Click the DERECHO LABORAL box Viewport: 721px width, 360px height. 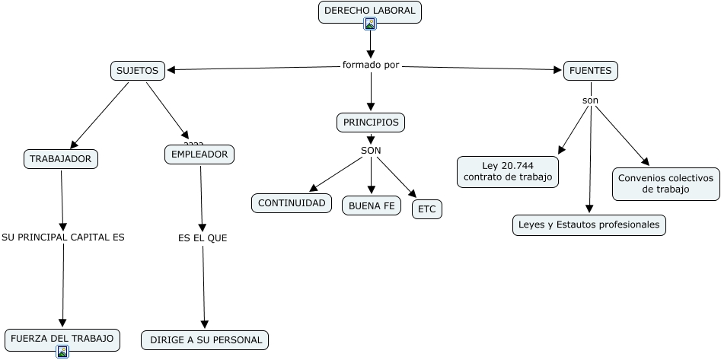click(x=370, y=11)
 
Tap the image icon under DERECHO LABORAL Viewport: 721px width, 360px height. click(x=370, y=24)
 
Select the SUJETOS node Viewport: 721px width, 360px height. click(x=137, y=71)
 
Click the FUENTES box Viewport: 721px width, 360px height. click(x=591, y=71)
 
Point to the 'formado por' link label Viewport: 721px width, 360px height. click(x=371, y=65)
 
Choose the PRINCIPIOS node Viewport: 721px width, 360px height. click(x=371, y=122)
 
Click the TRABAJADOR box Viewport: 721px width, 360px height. click(x=61, y=158)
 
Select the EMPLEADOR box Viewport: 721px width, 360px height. click(x=199, y=155)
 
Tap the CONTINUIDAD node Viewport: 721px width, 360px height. click(x=292, y=202)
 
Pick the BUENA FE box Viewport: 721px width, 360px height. click(x=372, y=205)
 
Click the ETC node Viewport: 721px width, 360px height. click(x=427, y=209)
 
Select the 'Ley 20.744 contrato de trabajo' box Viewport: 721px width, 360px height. click(x=508, y=171)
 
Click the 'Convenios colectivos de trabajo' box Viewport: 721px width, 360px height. click(x=665, y=183)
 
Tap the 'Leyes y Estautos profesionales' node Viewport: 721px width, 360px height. click(x=589, y=225)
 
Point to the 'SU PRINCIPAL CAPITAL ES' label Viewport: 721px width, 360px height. click(x=62, y=237)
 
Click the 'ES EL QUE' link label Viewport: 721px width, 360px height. click(x=203, y=238)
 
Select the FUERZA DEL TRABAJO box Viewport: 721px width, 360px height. click(x=62, y=338)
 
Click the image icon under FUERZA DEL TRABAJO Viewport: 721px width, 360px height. click(x=62, y=351)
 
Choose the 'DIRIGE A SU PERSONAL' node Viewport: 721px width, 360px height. click(x=206, y=340)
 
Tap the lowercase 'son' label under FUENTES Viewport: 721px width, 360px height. click(x=591, y=100)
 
